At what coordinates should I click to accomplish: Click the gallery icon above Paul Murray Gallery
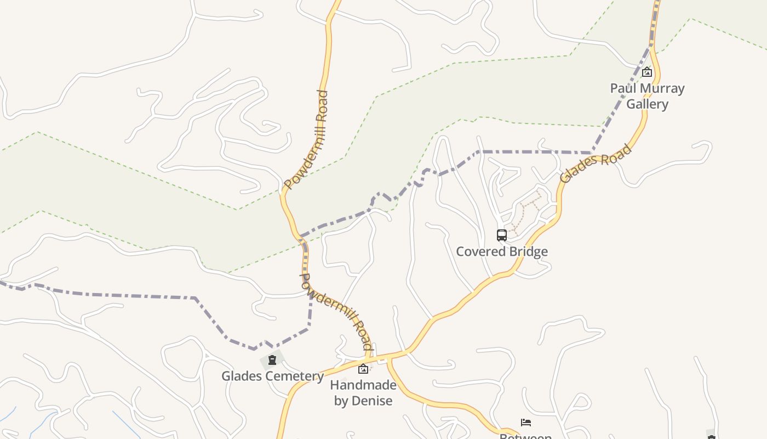pos(647,72)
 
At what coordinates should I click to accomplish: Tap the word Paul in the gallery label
pos(623,88)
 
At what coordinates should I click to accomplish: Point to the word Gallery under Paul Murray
pos(647,104)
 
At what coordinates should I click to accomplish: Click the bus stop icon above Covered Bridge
pos(502,235)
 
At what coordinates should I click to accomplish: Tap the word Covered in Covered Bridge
pos(479,252)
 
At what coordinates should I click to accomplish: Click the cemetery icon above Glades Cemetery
pos(272,361)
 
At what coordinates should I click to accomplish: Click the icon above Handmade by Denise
pos(363,369)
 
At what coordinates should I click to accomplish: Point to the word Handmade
pos(363,385)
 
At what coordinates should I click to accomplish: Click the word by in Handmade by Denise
pos(341,401)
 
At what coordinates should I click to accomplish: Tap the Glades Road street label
pos(595,164)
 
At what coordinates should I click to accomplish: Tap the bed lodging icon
pos(526,423)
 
